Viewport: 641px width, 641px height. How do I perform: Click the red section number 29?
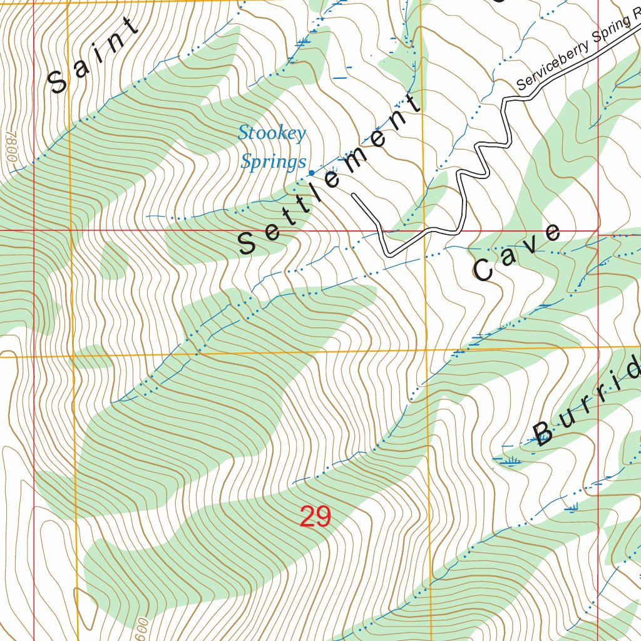click(315, 517)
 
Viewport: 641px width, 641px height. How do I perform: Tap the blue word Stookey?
click(272, 133)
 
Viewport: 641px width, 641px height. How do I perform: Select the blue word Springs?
click(274, 162)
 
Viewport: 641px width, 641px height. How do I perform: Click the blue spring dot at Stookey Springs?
click(311, 173)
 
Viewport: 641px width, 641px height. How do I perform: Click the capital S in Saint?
click(59, 81)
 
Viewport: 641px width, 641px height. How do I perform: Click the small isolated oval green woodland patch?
click(114, 260)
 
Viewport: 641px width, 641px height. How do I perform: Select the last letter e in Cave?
click(551, 232)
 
